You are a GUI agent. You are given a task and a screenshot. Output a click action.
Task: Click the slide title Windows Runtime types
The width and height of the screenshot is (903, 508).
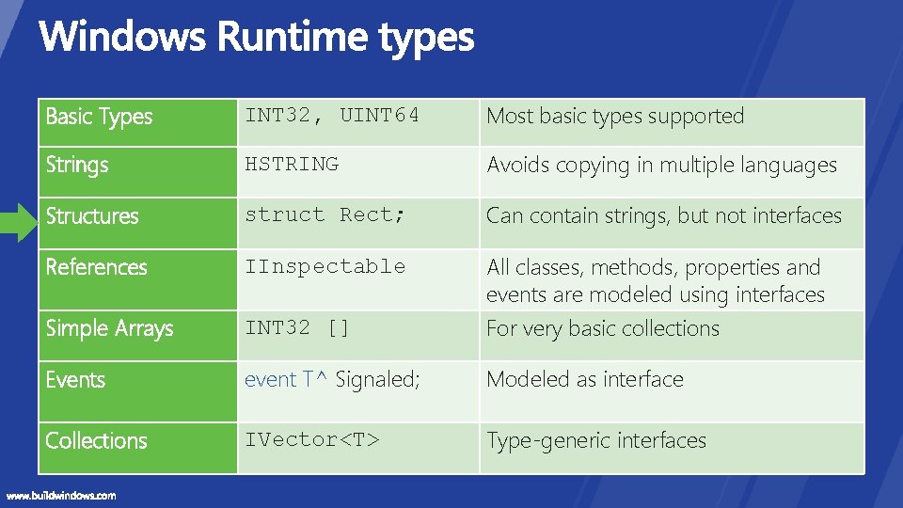click(256, 38)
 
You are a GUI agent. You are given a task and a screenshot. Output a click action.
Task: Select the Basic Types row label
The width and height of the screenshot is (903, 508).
click(99, 117)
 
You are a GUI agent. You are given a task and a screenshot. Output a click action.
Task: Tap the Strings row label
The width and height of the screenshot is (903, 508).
click(77, 165)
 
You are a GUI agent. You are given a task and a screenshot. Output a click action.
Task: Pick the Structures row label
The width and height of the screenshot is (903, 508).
click(92, 215)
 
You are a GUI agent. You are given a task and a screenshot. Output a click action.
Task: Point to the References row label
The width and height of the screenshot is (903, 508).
click(97, 267)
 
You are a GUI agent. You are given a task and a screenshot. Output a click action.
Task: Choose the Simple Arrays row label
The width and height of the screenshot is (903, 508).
click(110, 328)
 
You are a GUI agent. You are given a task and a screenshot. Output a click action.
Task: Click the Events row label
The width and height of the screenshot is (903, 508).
click(75, 380)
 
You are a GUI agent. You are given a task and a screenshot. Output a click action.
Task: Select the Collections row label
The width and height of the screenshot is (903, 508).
click(97, 440)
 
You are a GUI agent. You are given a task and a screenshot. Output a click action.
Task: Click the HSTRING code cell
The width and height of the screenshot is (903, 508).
click(292, 164)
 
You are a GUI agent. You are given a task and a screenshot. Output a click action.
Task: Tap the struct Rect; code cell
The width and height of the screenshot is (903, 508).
click(325, 214)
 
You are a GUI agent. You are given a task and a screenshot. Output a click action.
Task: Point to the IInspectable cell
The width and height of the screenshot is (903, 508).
click(325, 266)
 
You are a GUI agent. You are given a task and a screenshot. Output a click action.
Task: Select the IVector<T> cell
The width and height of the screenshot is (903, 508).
click(312, 439)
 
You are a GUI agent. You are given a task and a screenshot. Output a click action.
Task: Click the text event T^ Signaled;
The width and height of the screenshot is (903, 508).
click(332, 379)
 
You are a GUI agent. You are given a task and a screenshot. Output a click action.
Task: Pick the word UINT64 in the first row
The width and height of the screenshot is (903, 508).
click(379, 116)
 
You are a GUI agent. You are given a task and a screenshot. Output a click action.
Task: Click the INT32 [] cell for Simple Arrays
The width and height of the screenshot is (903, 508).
click(297, 327)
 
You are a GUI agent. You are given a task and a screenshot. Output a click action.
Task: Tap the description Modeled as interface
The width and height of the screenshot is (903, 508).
click(584, 379)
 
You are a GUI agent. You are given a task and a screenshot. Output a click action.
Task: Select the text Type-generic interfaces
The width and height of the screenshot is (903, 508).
click(595, 440)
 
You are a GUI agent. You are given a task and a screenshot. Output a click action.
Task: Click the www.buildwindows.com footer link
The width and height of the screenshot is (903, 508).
click(61, 495)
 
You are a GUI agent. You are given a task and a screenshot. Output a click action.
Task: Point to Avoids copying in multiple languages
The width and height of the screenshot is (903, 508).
click(661, 165)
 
